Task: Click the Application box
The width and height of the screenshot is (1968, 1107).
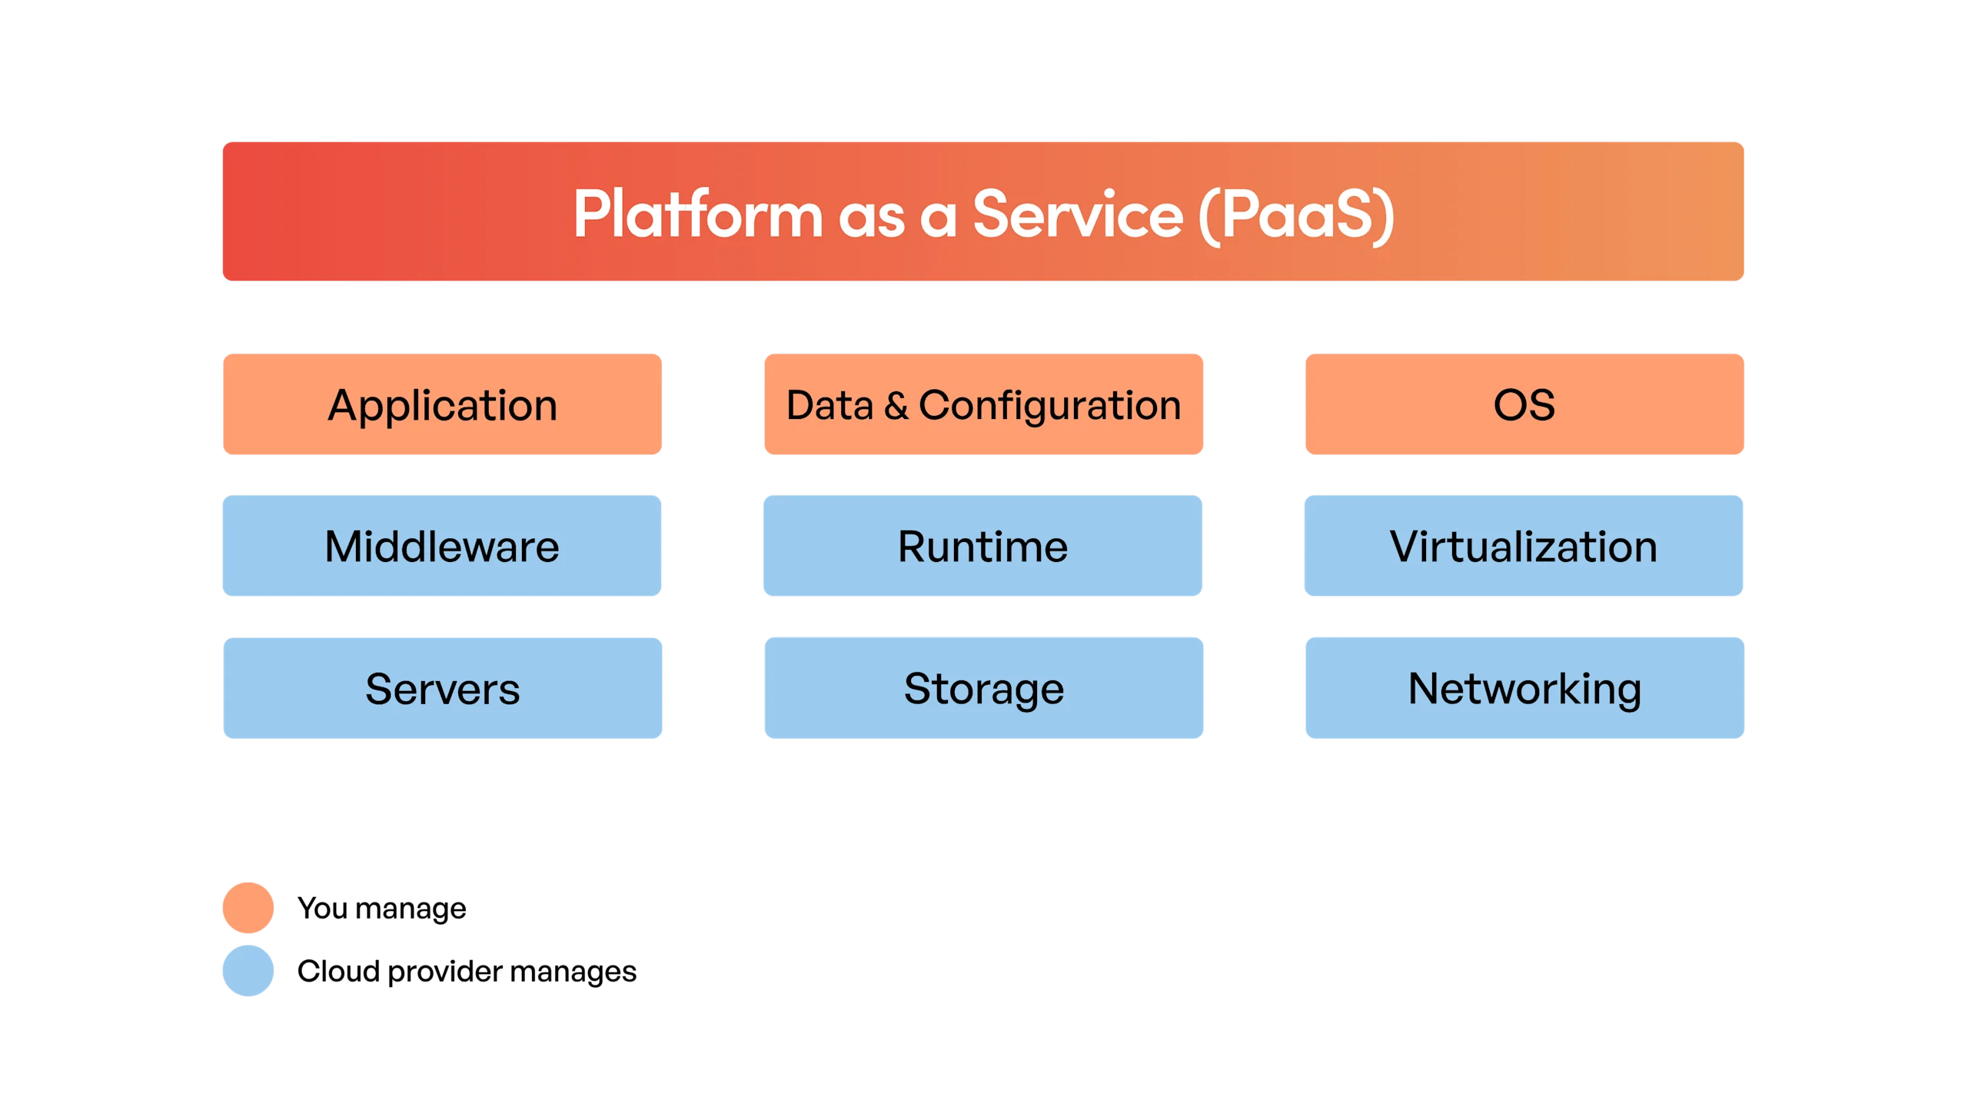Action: point(442,404)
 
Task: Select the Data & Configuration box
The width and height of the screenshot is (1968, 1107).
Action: point(983,404)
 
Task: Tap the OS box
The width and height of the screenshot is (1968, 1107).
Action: point(1524,404)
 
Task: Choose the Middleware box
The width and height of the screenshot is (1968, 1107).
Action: point(442,546)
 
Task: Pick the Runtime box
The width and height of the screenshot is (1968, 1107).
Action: point(983,546)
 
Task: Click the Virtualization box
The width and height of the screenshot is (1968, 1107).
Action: point(1524,546)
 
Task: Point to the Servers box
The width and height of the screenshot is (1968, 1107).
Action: point(442,688)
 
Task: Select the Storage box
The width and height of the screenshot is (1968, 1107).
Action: point(983,688)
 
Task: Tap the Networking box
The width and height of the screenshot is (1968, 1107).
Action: point(1524,688)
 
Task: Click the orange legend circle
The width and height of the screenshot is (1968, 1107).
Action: point(248,908)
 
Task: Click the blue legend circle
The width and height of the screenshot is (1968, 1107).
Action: point(248,970)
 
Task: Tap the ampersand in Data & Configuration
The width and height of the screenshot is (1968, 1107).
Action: point(896,405)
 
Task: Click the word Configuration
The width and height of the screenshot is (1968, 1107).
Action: point(1050,405)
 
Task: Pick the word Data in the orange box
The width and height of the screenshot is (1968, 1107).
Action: point(829,405)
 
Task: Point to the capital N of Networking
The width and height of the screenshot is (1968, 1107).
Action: point(1424,688)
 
